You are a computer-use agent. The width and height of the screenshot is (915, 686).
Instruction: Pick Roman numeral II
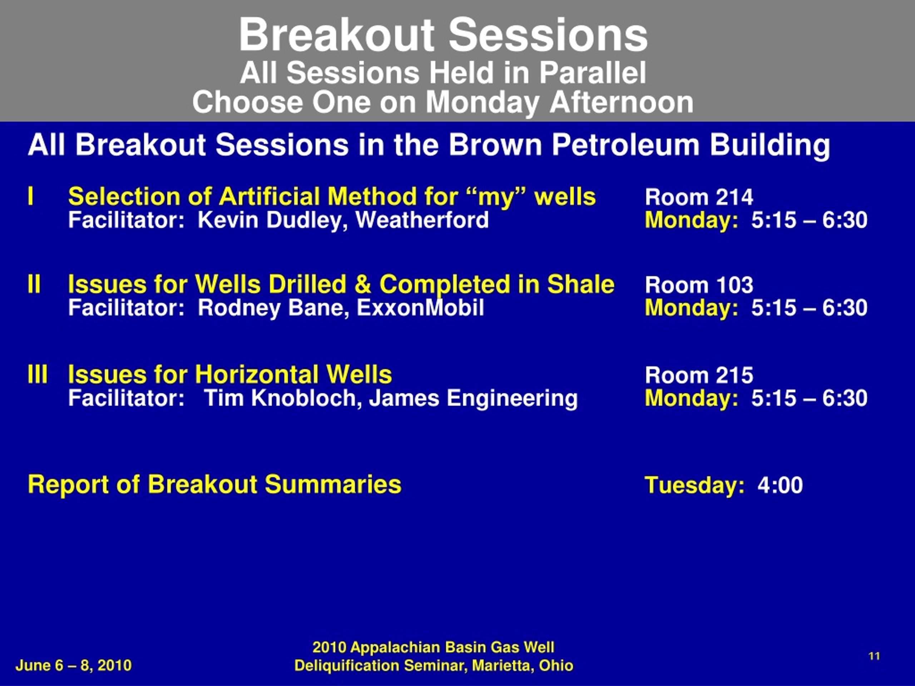pos(34,284)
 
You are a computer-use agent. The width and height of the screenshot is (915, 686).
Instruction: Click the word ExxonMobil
pos(420,308)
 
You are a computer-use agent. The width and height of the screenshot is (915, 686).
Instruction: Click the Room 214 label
pos(699,197)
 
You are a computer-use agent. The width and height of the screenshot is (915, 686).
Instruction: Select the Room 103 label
pos(699,285)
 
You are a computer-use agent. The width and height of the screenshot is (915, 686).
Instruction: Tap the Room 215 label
pos(699,376)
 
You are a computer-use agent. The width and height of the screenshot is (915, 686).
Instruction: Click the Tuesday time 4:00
pos(780,485)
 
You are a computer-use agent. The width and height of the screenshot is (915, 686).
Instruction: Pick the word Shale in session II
pos(581,284)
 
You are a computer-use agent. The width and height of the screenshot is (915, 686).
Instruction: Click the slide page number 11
pos(874,656)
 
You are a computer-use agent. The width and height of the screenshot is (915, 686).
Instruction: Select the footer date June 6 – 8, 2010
pos(74,665)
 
